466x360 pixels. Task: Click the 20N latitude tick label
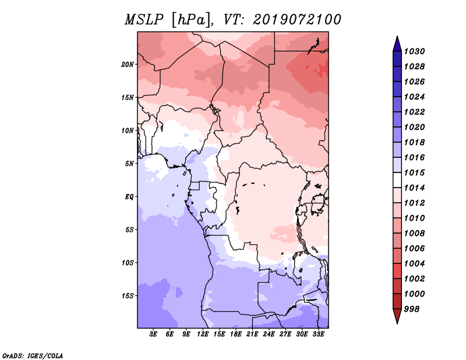point(128,65)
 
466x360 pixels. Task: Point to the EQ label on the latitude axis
point(129,197)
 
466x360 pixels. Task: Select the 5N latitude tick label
point(129,164)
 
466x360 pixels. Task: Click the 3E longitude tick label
point(153,334)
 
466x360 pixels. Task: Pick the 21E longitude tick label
point(252,334)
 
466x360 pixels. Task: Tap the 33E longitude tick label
point(318,334)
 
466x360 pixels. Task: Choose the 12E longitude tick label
point(203,334)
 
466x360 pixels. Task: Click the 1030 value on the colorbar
point(414,51)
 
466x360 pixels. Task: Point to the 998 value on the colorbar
point(412,309)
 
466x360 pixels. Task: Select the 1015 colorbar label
point(414,172)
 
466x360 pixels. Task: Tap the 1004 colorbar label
point(414,264)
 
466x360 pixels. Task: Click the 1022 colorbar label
point(414,112)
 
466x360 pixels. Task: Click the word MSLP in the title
point(144,20)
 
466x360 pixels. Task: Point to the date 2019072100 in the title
point(296,20)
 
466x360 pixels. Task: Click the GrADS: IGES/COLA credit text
point(33,355)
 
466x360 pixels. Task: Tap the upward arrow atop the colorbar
point(397,44)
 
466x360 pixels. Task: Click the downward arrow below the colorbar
point(397,316)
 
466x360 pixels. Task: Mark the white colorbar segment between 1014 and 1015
point(397,180)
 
